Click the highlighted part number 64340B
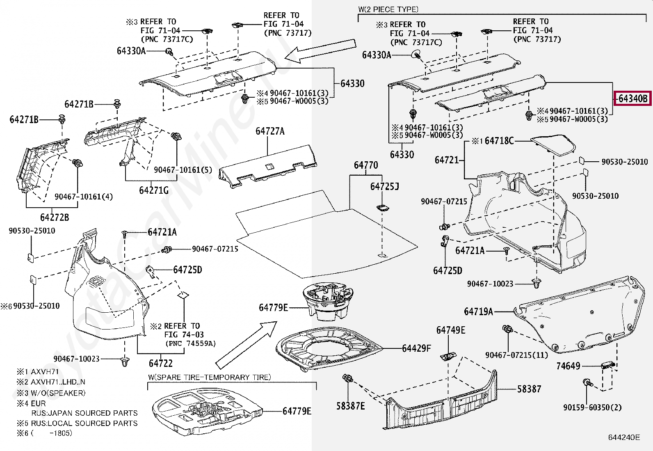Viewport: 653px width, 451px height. [x=632, y=98]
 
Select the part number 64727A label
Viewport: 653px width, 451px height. [x=269, y=131]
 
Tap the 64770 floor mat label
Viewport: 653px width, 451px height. [x=365, y=165]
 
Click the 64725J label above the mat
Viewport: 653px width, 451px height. [x=384, y=187]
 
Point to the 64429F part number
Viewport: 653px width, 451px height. [x=416, y=348]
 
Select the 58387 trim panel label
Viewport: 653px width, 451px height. [x=529, y=389]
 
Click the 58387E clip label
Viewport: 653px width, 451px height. [x=350, y=406]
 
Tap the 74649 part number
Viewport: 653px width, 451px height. [x=568, y=366]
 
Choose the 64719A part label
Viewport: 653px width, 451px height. [x=478, y=311]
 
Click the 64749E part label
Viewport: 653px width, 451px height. [x=450, y=330]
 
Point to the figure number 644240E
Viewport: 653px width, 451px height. [x=623, y=437]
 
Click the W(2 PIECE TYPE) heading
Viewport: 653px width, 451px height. [x=388, y=9]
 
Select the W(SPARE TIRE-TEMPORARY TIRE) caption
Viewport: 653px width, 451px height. [x=209, y=377]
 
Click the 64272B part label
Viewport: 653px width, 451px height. [x=54, y=217]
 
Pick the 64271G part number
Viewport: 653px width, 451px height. [x=153, y=190]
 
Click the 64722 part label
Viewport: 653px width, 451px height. [x=160, y=363]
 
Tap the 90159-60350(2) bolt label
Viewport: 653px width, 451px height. [x=592, y=407]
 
